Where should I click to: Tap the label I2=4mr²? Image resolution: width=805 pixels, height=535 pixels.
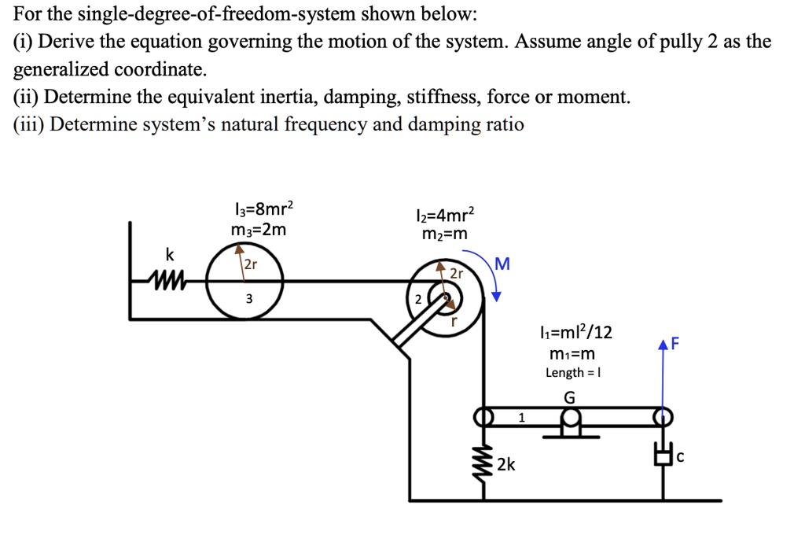[x=444, y=216]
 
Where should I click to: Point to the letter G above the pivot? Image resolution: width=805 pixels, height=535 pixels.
[x=569, y=397]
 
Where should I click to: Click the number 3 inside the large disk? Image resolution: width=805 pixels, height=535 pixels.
[x=248, y=298]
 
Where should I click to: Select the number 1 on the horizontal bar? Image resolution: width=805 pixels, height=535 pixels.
[x=520, y=417]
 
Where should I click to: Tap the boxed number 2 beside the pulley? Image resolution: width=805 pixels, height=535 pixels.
[x=418, y=299]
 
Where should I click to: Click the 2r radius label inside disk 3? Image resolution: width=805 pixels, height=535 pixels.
[x=249, y=264]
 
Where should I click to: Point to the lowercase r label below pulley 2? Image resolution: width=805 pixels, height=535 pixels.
[x=454, y=321]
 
